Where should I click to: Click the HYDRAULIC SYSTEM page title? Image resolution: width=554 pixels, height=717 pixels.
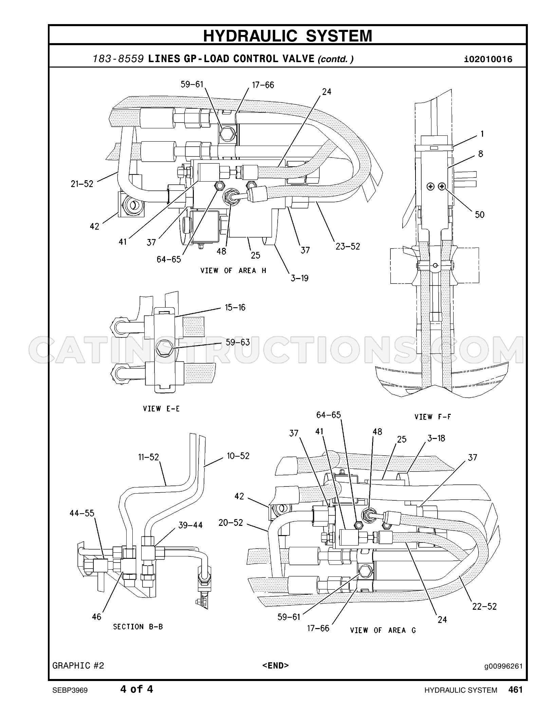288,35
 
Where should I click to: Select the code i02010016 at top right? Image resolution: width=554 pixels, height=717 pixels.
488,59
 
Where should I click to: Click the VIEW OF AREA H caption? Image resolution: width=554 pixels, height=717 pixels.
233,271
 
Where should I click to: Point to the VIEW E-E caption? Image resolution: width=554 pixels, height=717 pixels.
161,409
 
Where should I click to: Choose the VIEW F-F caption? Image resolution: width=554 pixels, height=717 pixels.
433,417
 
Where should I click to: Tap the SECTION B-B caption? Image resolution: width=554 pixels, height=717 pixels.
138,627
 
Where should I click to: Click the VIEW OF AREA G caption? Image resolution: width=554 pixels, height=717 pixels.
383,630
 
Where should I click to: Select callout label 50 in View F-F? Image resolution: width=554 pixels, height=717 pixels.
479,215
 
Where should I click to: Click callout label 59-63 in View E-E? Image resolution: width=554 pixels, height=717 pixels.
238,342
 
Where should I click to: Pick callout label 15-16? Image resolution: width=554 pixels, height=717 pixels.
235,308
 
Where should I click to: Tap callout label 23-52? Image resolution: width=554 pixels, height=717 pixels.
348,246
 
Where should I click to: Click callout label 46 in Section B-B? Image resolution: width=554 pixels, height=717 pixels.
96,617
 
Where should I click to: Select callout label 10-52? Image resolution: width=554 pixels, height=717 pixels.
238,456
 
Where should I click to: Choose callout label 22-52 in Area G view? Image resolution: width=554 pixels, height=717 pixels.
484,606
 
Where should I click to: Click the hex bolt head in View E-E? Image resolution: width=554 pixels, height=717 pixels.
164,348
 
